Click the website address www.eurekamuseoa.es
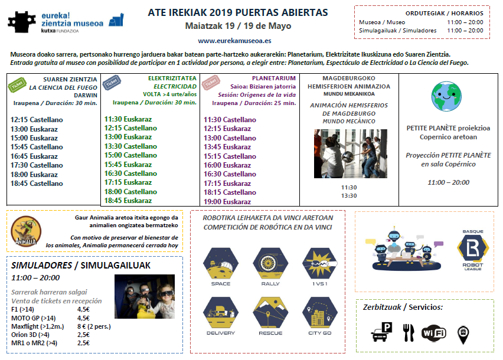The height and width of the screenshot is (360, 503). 235,41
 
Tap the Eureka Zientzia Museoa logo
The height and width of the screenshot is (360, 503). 66,22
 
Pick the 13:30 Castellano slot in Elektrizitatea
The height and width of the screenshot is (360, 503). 130,146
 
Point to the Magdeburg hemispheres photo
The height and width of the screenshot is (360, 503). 350,154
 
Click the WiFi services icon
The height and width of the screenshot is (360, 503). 434,333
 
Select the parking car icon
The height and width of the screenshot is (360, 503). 380,333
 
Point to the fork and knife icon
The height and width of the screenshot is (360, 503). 407,333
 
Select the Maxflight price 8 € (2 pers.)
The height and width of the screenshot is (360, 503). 94,326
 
